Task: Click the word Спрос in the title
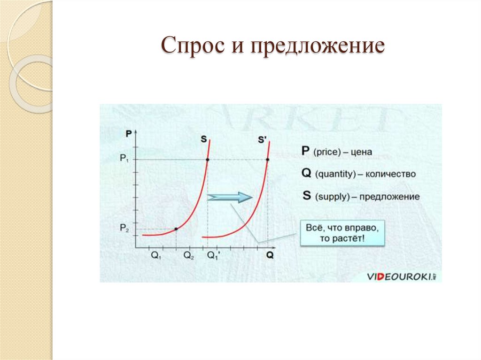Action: tap(196, 47)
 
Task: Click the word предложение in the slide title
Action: tap(318, 48)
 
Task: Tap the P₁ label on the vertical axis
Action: tap(124, 159)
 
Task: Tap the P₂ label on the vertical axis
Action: tap(124, 228)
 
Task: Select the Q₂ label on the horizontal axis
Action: tap(189, 256)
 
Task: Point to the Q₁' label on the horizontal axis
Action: tap(214, 256)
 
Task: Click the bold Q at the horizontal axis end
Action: tap(270, 256)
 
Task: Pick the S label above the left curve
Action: tap(204, 139)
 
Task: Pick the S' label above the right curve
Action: tap(263, 139)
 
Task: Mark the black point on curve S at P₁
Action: tap(207, 160)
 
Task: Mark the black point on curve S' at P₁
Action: tap(267, 160)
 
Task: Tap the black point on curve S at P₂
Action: tap(176, 229)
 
